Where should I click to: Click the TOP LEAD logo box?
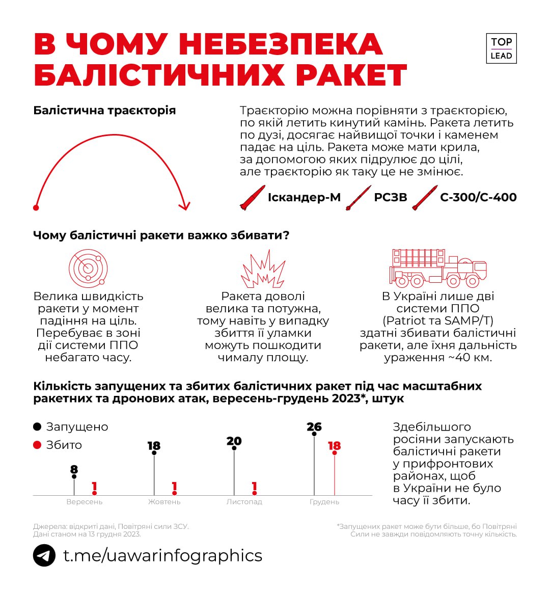(501, 48)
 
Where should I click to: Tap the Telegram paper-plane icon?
(44, 555)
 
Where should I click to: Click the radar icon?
(88, 267)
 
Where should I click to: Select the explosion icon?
(263, 269)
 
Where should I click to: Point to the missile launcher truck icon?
(438, 268)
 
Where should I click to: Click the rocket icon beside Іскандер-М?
(253, 198)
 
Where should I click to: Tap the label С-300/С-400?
(478, 198)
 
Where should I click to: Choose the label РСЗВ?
(391, 198)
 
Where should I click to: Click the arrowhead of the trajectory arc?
(184, 205)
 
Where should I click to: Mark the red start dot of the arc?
(36, 207)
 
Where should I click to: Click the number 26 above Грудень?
(314, 427)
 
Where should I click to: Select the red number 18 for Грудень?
(334, 446)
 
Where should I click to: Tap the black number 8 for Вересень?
(74, 469)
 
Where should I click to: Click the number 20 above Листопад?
(234, 441)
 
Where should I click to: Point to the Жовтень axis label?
(164, 502)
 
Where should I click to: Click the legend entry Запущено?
(77, 427)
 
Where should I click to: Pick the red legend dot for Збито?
(37, 445)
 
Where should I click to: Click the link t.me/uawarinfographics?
(162, 555)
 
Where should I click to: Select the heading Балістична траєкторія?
(104, 111)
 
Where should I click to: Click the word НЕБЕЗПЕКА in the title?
(281, 44)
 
